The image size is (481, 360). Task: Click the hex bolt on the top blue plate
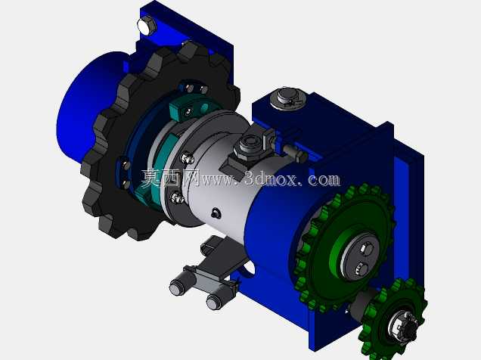pyautogui.click(x=147, y=26)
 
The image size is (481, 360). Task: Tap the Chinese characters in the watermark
pyautogui.click(x=169, y=178)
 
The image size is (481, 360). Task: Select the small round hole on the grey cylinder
pyautogui.click(x=216, y=213)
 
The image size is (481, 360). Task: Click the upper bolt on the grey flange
pyautogui.click(x=187, y=158)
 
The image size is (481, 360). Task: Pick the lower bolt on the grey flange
pyautogui.click(x=177, y=197)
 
